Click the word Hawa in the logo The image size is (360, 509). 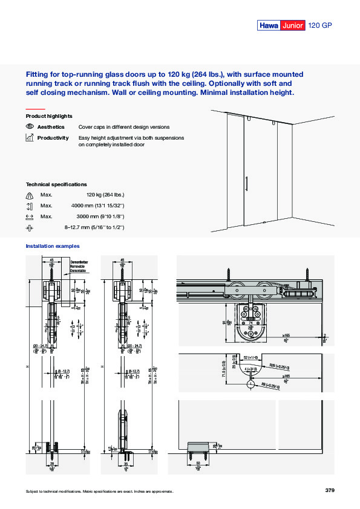[x=269, y=25]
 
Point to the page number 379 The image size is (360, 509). [x=329, y=490]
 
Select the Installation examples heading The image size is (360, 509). [x=52, y=246]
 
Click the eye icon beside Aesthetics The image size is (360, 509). [x=30, y=127]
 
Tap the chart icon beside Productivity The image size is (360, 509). [x=30, y=138]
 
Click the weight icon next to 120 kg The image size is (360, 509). [x=30, y=195]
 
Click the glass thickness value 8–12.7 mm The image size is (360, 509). [x=94, y=227]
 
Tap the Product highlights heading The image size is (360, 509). [x=49, y=115]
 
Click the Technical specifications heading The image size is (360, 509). [x=56, y=184]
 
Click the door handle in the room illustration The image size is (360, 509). [x=246, y=184]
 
